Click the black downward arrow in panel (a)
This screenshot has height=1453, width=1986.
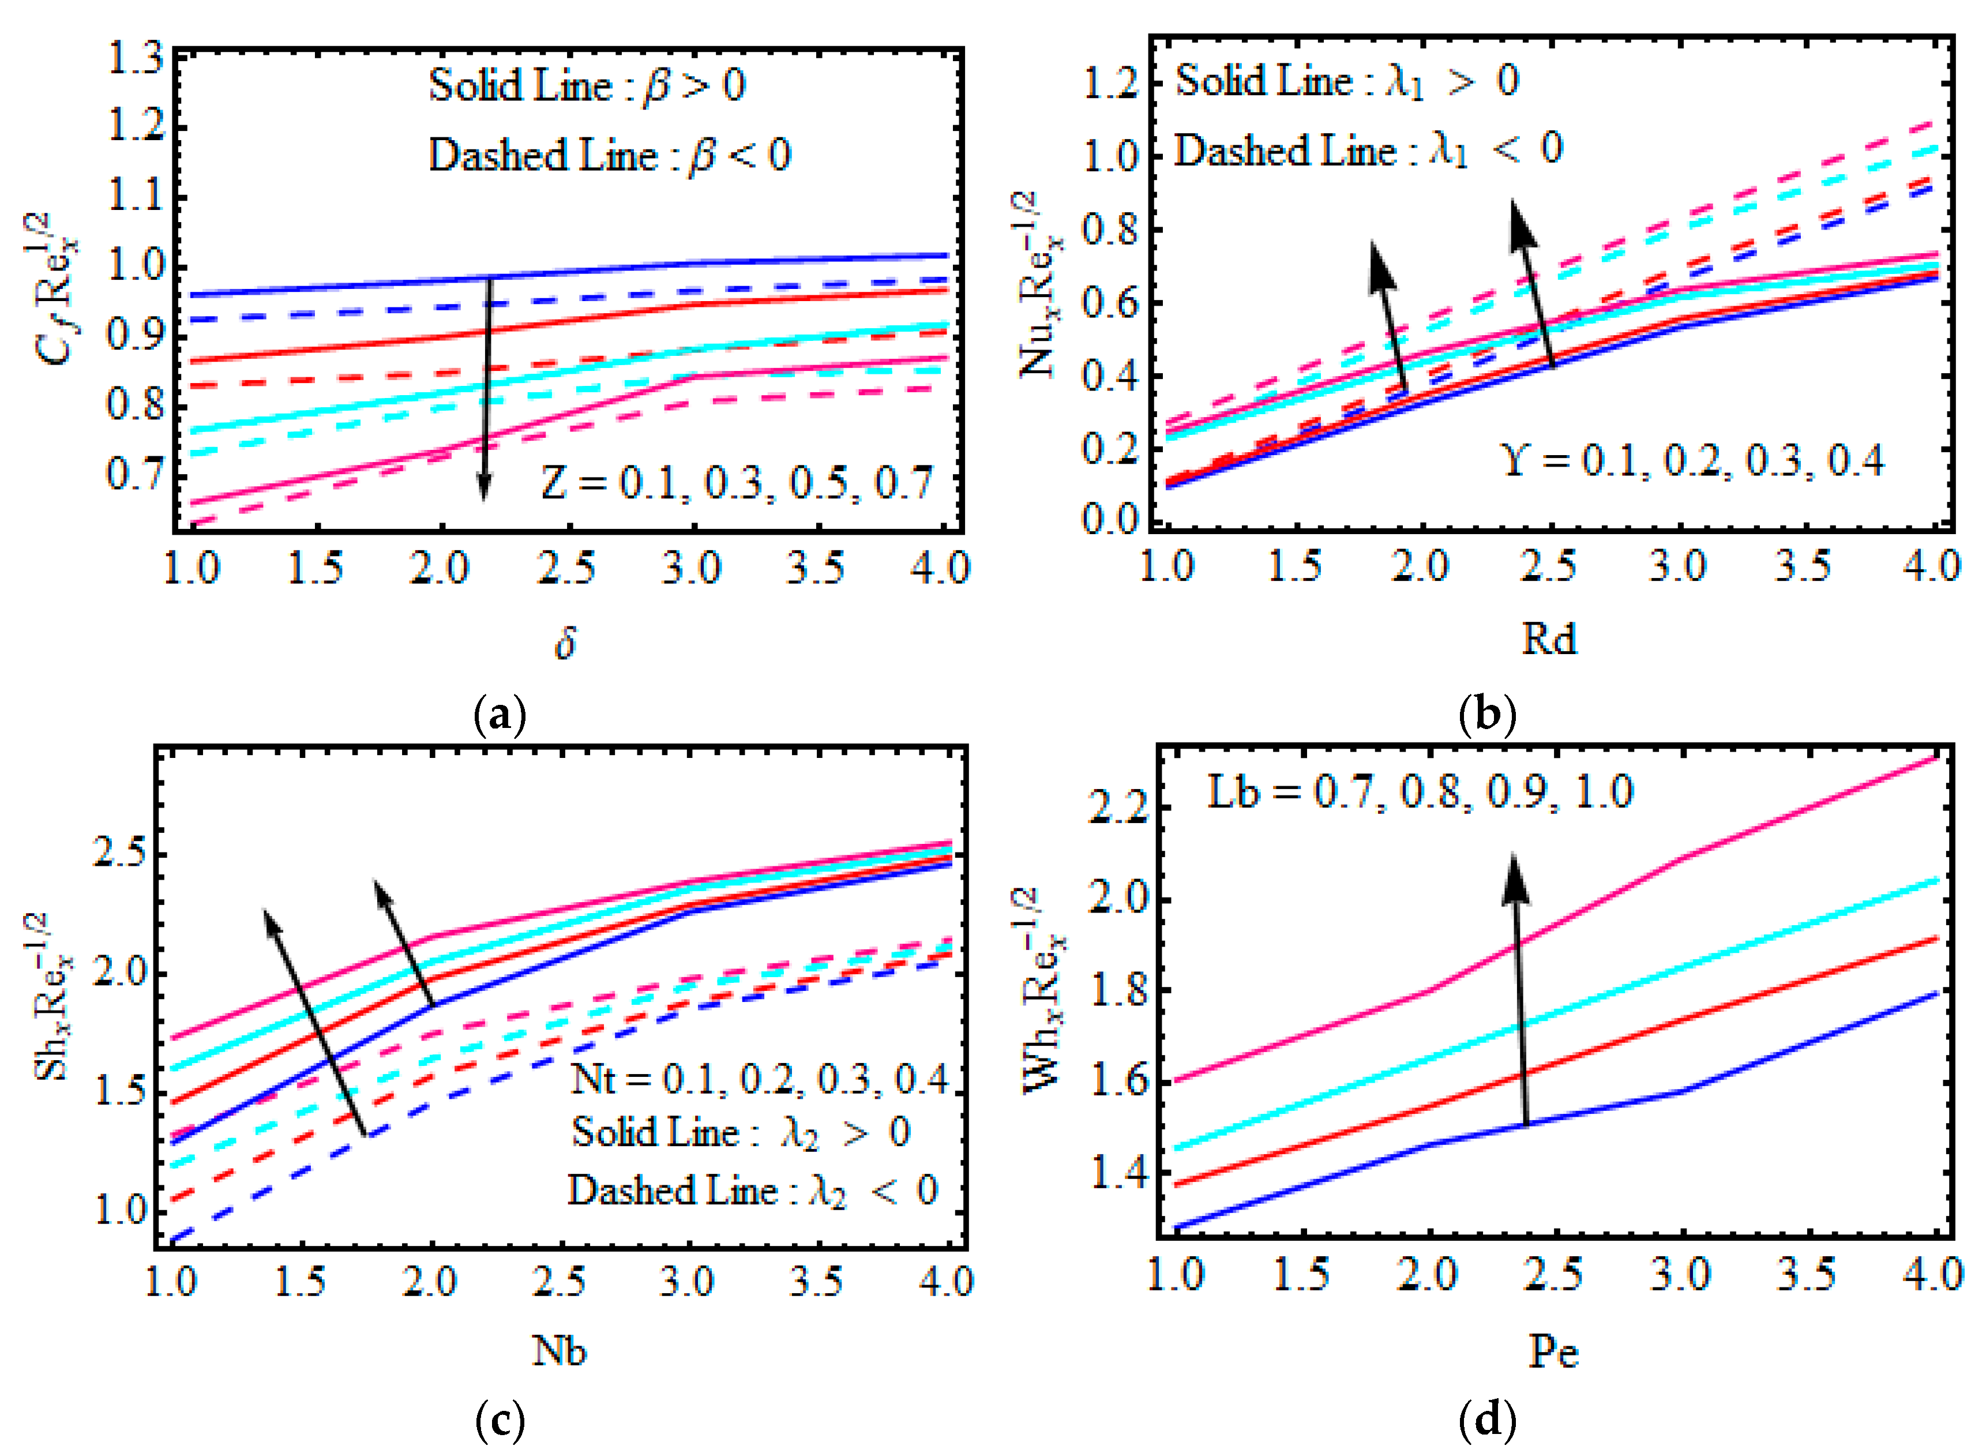point(485,387)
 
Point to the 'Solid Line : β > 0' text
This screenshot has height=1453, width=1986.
point(587,86)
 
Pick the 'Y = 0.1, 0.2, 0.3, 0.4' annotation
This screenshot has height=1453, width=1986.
point(1691,460)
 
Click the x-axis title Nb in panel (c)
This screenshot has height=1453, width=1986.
point(558,1350)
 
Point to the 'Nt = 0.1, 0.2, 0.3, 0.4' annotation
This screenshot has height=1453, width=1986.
point(759,1079)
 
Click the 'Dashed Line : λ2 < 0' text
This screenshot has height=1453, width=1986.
point(752,1191)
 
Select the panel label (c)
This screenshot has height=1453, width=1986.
point(500,1420)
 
